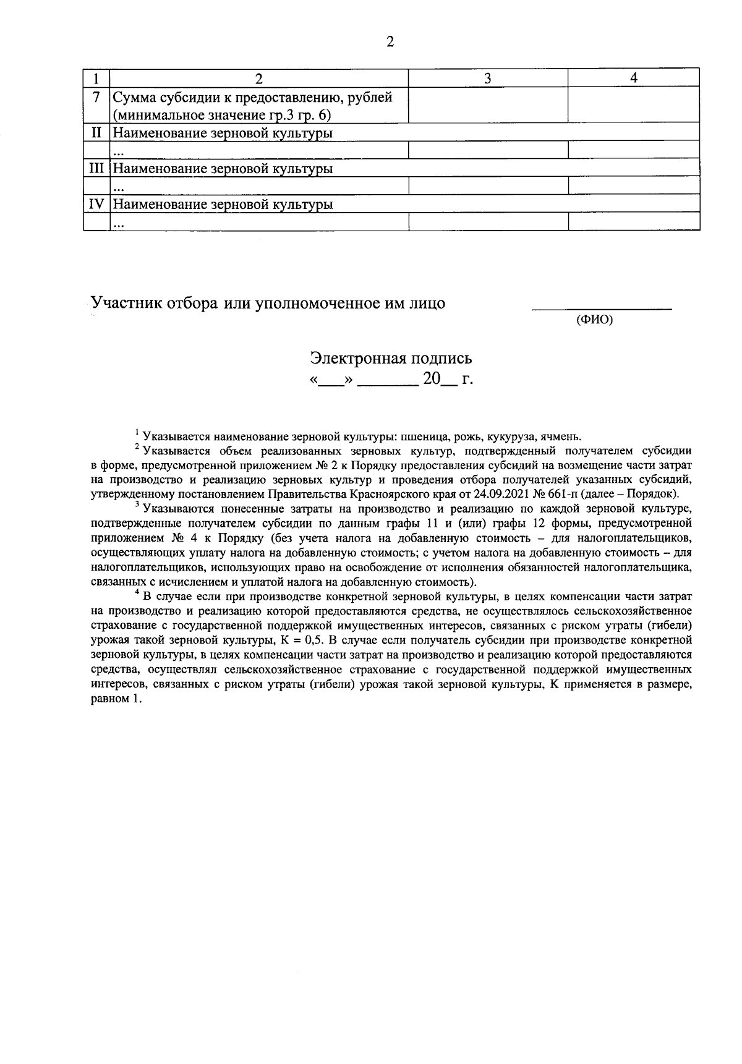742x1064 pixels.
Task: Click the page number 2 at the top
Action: (390, 42)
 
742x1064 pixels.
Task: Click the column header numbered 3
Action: (488, 78)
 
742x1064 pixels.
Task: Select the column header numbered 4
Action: (633, 78)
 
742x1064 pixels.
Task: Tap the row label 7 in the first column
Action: (96, 97)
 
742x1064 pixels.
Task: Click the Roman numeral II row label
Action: (96, 132)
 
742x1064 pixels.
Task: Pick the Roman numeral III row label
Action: (96, 168)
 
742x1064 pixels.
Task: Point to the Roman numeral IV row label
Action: (96, 204)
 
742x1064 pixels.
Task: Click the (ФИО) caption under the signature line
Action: (594, 320)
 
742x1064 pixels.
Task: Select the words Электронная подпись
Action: (391, 358)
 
